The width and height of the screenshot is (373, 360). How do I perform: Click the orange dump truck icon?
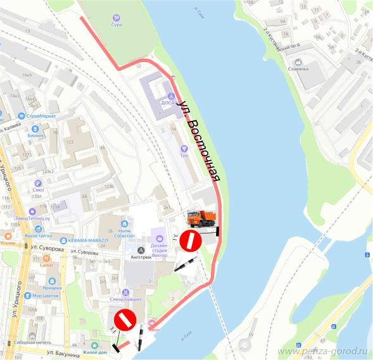click(201, 219)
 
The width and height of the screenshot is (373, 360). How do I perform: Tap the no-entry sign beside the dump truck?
click(190, 241)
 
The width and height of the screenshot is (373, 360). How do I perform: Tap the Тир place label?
click(184, 155)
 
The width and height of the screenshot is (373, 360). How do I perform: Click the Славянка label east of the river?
click(297, 68)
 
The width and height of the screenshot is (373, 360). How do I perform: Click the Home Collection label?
click(132, 233)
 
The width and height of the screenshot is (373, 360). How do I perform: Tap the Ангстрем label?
click(141, 258)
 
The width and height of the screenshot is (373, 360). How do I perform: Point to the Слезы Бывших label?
click(125, 298)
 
